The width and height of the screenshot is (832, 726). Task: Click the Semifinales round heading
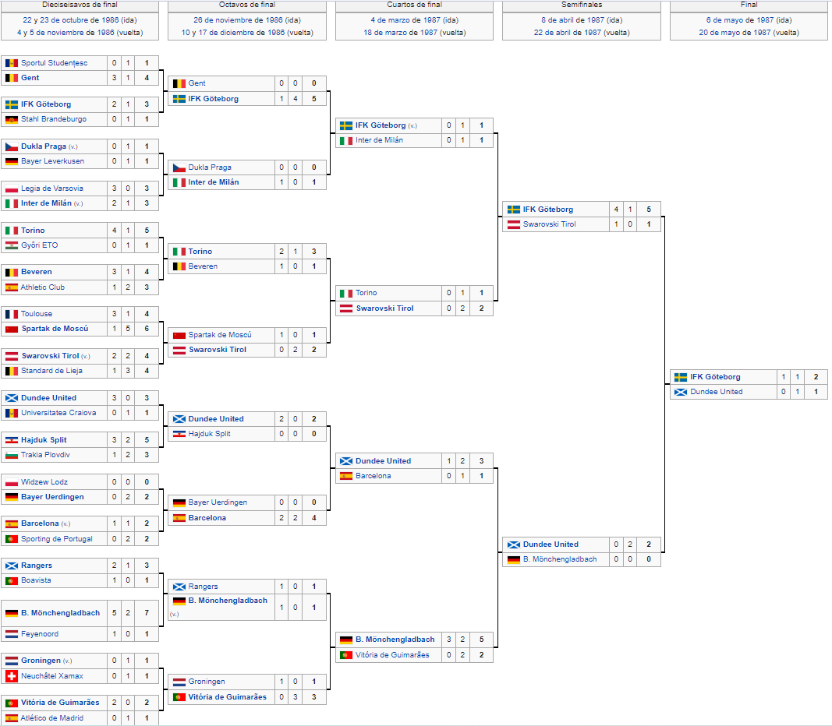click(x=582, y=4)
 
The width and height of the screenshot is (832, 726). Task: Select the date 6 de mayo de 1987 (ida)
click(x=749, y=20)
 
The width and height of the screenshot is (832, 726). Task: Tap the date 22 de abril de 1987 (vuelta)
click(x=582, y=32)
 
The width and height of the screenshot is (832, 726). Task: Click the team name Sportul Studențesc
click(x=54, y=63)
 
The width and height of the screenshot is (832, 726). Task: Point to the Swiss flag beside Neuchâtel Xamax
click(x=12, y=675)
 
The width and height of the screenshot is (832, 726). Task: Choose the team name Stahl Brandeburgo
click(x=54, y=119)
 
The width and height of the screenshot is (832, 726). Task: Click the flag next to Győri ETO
click(x=12, y=245)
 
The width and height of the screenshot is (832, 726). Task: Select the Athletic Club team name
click(x=42, y=287)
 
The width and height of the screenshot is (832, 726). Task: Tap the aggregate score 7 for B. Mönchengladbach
click(x=147, y=612)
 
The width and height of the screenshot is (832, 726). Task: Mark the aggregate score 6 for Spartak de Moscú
click(x=147, y=329)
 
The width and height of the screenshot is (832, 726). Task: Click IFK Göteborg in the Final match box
click(x=715, y=377)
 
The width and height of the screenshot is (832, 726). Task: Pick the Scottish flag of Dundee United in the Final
click(x=681, y=392)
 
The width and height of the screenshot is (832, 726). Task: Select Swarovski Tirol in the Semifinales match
click(x=549, y=224)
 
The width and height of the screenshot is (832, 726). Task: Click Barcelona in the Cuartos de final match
click(x=373, y=476)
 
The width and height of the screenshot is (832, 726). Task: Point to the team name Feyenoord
click(x=40, y=634)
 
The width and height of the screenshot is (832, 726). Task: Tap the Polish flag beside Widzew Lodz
click(x=12, y=482)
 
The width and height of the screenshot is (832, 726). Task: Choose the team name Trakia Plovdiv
click(x=45, y=455)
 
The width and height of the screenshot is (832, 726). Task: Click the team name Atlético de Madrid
click(x=52, y=718)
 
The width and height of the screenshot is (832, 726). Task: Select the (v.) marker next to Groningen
click(x=67, y=661)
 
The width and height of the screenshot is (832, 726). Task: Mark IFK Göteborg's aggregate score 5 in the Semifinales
click(x=649, y=210)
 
